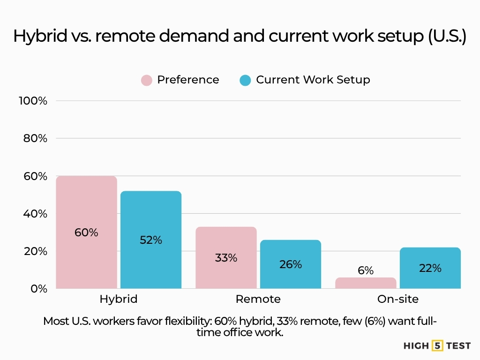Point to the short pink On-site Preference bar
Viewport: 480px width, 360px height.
(x=366, y=283)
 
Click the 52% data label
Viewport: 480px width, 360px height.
(x=151, y=240)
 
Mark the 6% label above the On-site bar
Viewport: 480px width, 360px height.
(x=366, y=270)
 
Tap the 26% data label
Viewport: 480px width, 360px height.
(x=291, y=264)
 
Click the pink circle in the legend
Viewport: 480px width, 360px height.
(x=147, y=80)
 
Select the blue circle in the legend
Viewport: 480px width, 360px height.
(x=245, y=80)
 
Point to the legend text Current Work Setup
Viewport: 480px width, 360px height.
(x=313, y=80)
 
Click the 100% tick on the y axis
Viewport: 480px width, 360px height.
(x=32, y=101)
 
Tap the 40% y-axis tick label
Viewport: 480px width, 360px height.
(x=35, y=214)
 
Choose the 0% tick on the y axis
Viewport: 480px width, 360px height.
(x=39, y=289)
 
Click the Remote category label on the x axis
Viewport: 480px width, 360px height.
(x=258, y=299)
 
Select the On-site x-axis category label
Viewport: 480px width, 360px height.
(x=398, y=299)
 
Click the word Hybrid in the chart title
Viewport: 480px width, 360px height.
(x=40, y=37)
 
